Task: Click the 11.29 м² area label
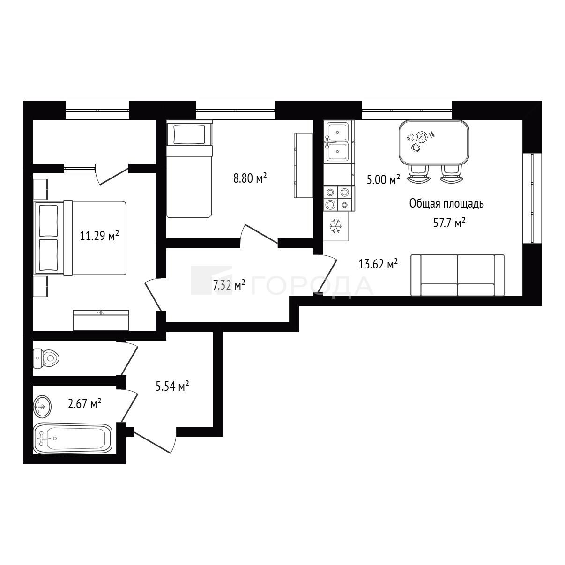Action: coord(99,236)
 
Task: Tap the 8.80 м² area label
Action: coord(250,178)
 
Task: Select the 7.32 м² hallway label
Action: coord(229,285)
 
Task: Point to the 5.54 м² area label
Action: coord(172,386)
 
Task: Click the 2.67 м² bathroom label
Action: coord(84,403)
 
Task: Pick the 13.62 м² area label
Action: coord(378,264)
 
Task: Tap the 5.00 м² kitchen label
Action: coord(384,179)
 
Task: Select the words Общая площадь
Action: coord(446,203)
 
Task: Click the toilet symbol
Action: coord(46,358)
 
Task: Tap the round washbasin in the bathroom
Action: coord(42,406)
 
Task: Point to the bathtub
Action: coord(73,439)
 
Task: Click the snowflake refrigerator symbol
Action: coord(336,226)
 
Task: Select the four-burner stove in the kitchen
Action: coord(339,199)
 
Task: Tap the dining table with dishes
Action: coord(434,143)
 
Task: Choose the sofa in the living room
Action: coord(457,275)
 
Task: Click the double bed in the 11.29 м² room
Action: coord(80,238)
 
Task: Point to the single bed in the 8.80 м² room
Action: coord(189,169)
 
